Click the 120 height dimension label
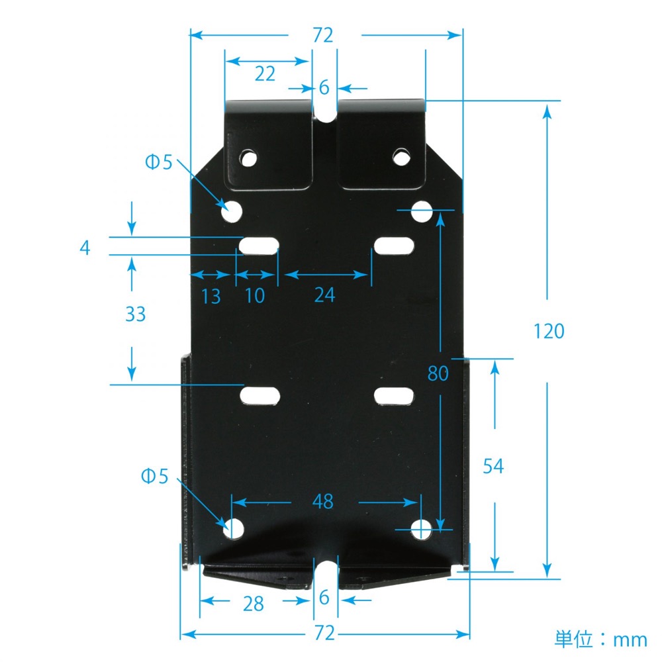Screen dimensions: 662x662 pyautogui.click(x=549, y=332)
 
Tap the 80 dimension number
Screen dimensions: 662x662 pyautogui.click(x=438, y=373)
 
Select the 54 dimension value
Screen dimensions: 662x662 pyautogui.click(x=493, y=467)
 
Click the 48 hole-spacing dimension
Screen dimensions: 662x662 pyautogui.click(x=323, y=502)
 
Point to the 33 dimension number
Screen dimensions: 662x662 pyautogui.click(x=136, y=314)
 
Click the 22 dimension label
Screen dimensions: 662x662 pyautogui.click(x=265, y=74)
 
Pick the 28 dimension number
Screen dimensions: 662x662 pyautogui.click(x=254, y=604)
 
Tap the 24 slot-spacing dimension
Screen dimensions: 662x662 pyautogui.click(x=324, y=295)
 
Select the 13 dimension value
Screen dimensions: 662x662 pyautogui.click(x=211, y=297)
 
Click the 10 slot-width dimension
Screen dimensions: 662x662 pyautogui.click(x=255, y=295)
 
